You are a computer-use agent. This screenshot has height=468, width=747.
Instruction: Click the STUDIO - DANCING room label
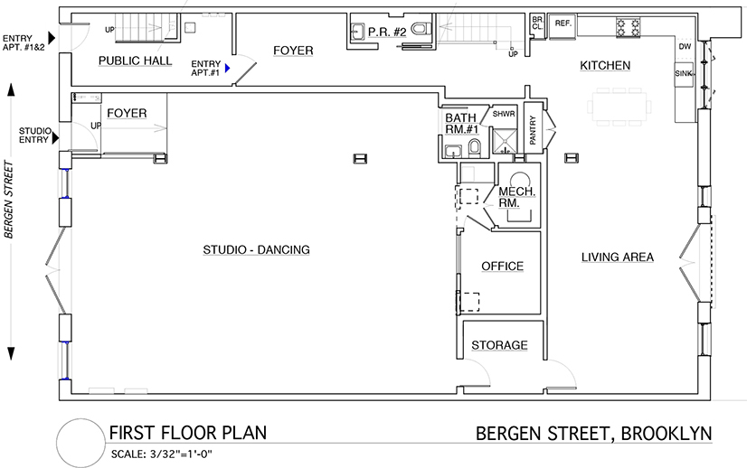[256, 250]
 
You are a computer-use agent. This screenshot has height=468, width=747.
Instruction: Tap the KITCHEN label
[605, 66]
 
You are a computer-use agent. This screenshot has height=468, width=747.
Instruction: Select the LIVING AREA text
[618, 257]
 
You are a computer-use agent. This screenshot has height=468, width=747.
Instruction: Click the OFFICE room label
[502, 267]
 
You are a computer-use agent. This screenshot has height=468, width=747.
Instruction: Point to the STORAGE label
[499, 345]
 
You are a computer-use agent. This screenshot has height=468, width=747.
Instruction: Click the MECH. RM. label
[517, 197]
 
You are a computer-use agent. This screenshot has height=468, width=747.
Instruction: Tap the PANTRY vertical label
[533, 130]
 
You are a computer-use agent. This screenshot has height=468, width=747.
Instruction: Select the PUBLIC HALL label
[136, 61]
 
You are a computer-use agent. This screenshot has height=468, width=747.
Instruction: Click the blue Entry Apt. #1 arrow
[228, 68]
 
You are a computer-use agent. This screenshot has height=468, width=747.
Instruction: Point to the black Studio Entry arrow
[56, 138]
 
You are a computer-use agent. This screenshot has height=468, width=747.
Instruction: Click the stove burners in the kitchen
[628, 27]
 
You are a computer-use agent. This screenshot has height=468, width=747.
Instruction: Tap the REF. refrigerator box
[563, 25]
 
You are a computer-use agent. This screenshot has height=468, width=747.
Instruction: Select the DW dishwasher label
[685, 47]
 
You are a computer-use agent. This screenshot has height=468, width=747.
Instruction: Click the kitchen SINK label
[684, 74]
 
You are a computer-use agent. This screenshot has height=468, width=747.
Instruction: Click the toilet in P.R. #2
[420, 30]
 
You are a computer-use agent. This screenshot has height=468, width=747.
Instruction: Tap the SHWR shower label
[504, 114]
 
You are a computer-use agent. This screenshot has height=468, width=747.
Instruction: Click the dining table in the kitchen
[619, 107]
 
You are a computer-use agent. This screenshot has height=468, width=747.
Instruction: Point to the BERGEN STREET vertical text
[8, 200]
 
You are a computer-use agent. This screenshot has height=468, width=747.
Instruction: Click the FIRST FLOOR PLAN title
[188, 433]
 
